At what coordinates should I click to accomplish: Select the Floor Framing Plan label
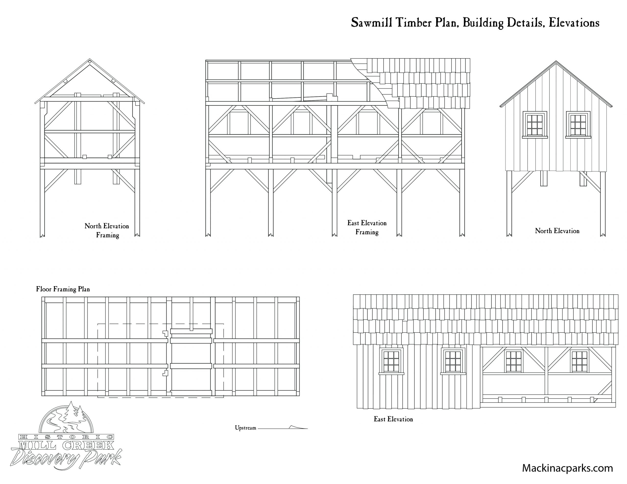[63, 289]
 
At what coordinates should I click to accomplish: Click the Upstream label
[245, 428]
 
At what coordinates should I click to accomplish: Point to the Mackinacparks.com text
[567, 468]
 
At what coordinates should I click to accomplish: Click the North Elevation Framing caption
[107, 231]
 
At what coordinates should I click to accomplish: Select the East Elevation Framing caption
[367, 228]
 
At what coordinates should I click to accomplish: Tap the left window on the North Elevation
[535, 125]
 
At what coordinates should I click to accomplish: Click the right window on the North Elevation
[578, 125]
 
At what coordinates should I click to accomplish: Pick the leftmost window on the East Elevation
[391, 361]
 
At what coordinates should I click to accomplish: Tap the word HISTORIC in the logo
[66, 437]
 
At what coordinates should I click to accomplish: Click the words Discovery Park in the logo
[66, 458]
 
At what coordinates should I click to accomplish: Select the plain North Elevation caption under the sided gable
[557, 231]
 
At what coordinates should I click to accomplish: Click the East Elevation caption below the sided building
[393, 419]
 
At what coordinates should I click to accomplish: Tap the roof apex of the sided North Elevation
[556, 61]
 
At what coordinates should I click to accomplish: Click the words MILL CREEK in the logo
[66, 445]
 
